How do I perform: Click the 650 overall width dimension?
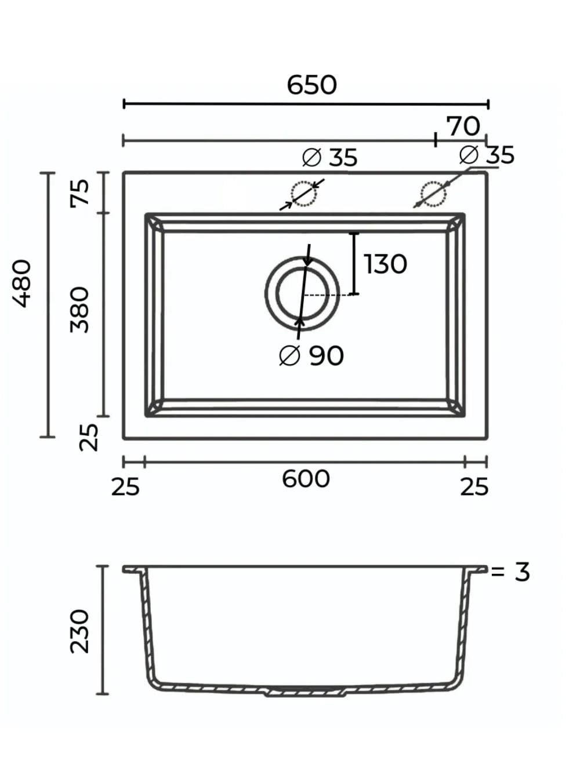[x=311, y=85]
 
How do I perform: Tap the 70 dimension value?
[x=463, y=126]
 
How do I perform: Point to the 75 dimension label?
[x=80, y=192]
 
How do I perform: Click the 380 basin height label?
[x=80, y=310]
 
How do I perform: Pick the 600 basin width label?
[x=306, y=479]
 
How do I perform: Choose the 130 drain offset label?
[x=386, y=264]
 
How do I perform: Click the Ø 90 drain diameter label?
[x=311, y=356]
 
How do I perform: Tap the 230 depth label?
[x=80, y=631]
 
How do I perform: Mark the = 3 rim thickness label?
[x=510, y=572]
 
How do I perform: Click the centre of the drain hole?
[x=302, y=293]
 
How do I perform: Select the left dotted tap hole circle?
[x=303, y=194]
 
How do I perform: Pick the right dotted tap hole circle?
[x=433, y=194]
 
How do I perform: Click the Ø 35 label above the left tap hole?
[x=330, y=158]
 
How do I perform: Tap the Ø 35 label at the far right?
[x=487, y=155]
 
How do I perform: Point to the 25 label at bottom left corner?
[x=125, y=487]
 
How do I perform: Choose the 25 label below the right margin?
[x=474, y=487]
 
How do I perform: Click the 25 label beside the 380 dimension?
[x=88, y=437]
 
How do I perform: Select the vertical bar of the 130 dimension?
[x=354, y=264]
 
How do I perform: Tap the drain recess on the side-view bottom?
[x=306, y=692]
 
